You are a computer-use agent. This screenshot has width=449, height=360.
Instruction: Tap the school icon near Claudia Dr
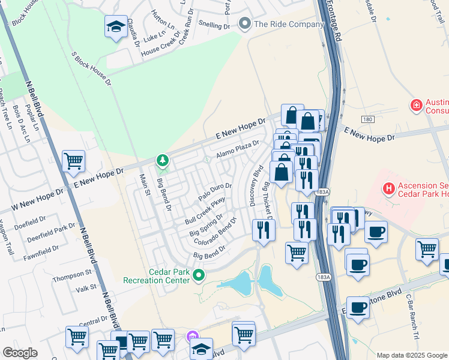pos(116,26)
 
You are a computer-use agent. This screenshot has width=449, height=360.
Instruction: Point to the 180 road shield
pos(368,120)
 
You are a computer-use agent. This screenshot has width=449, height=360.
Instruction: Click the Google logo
pos(20,353)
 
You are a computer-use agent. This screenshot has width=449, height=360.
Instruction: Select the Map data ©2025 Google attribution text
pos(411,355)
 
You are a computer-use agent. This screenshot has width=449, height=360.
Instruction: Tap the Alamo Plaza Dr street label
pos(238,148)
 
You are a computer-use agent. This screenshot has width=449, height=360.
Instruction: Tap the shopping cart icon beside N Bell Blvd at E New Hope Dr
pos(73,160)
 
